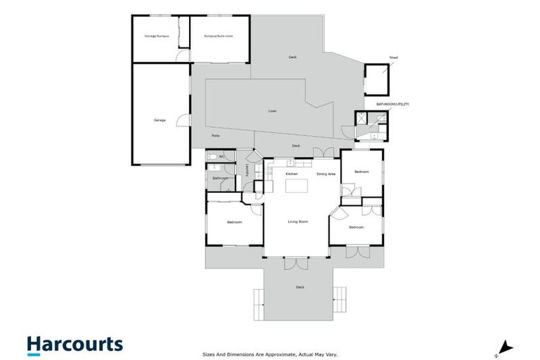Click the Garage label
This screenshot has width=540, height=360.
tap(160, 120)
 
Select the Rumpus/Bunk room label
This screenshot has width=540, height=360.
tap(218, 36)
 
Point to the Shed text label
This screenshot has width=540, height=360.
tap(393, 58)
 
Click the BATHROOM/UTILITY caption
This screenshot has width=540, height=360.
tap(392, 104)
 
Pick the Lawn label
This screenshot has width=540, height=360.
tap(272, 111)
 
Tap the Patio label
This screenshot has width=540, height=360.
tap(216, 136)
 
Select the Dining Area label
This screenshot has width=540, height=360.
tap(326, 174)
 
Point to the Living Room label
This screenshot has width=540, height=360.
tap(298, 222)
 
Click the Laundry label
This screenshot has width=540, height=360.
tap(247, 170)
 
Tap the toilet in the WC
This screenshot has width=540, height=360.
tap(211, 157)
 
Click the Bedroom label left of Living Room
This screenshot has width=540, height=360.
tap(234, 223)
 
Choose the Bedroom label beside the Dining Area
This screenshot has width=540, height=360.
tap(361, 172)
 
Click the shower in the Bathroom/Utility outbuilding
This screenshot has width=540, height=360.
tap(361, 119)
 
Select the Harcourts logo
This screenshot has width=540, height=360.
tap(75, 344)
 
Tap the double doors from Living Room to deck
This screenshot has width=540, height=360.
tap(296, 263)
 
